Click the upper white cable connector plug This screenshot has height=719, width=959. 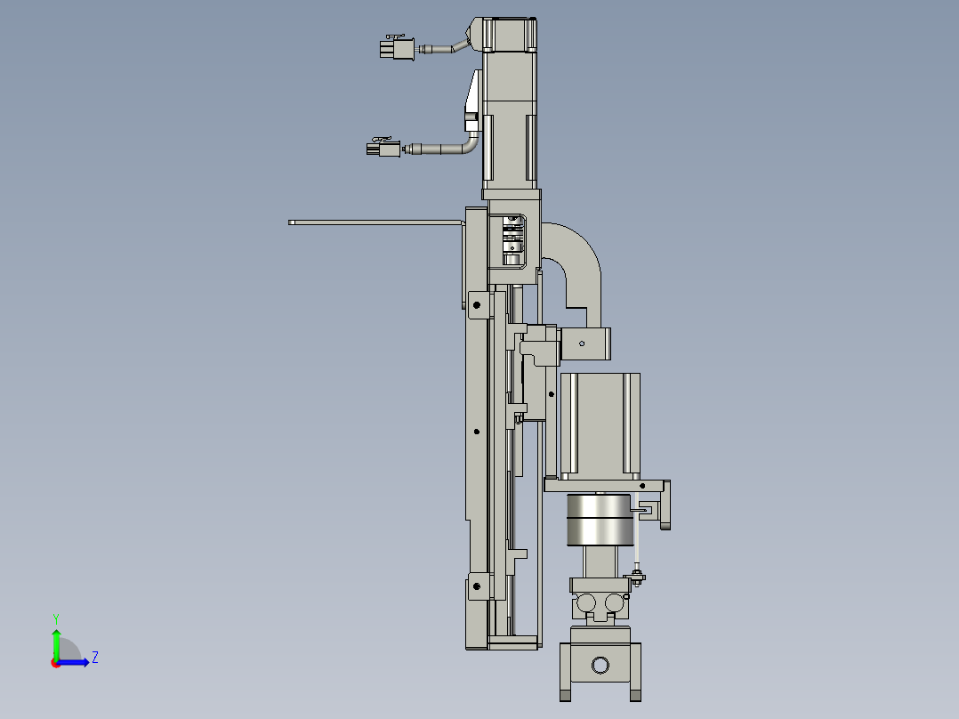coord(397,48)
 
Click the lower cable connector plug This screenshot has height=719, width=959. coord(384,149)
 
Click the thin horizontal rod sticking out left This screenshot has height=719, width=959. coord(374,222)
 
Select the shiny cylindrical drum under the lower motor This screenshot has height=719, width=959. coord(600,520)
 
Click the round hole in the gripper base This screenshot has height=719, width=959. coord(600,665)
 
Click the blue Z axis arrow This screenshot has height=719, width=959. coord(77,662)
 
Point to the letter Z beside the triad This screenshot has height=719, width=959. coord(94,658)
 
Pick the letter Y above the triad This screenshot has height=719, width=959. coord(55,618)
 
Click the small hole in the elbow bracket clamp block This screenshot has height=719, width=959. coord(582,343)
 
